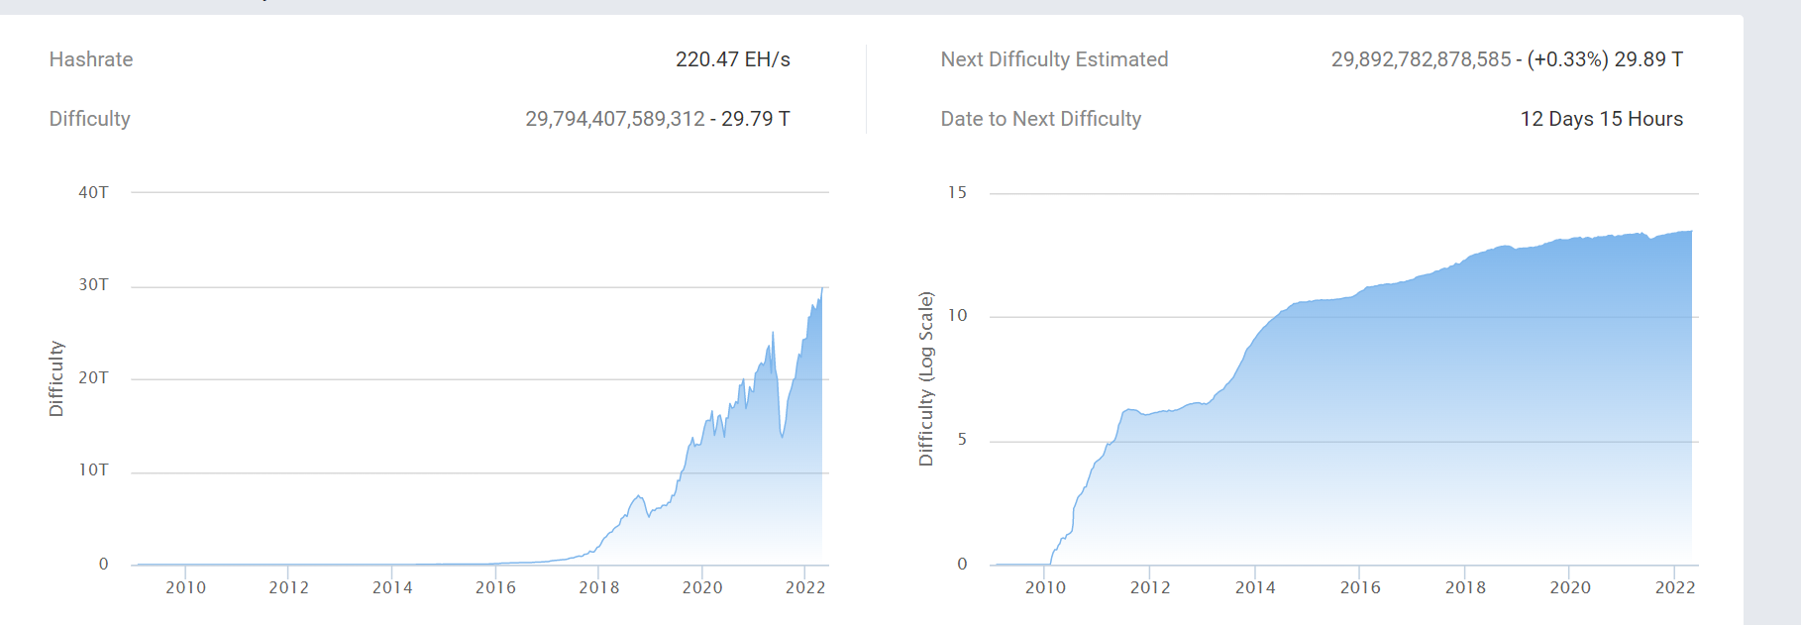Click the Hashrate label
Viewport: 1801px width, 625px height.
point(91,59)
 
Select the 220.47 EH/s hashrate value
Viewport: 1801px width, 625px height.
point(732,59)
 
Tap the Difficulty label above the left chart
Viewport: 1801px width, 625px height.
point(90,119)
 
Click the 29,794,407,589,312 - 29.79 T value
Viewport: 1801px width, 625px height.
point(657,119)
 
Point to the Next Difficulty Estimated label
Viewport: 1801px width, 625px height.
point(1054,59)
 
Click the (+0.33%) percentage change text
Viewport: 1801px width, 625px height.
point(1567,59)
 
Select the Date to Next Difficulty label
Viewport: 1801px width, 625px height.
point(1040,119)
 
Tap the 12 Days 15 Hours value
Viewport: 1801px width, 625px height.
point(1601,119)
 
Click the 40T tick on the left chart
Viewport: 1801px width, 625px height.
point(93,192)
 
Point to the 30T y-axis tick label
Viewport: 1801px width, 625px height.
point(93,285)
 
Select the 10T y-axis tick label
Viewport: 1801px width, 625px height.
point(93,470)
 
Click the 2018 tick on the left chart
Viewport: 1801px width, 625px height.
point(598,587)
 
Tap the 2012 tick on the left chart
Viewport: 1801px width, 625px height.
point(288,587)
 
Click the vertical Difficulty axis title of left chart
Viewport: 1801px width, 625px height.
point(56,378)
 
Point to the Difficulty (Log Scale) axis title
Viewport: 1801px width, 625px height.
point(926,378)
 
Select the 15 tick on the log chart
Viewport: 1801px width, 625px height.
point(957,192)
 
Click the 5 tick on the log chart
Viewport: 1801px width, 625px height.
point(962,440)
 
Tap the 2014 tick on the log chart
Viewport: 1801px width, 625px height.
point(1255,587)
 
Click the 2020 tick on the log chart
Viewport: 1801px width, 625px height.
point(1570,587)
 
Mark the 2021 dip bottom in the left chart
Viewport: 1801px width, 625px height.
point(782,436)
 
